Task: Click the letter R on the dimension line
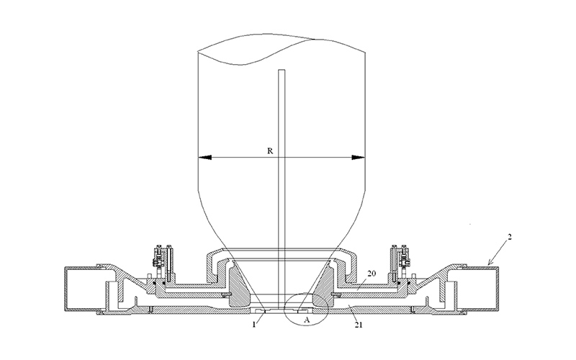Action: click(x=270, y=151)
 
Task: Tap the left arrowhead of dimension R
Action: click(x=205, y=158)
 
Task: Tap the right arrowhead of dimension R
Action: click(x=358, y=158)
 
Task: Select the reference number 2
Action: click(x=510, y=237)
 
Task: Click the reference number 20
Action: click(x=372, y=274)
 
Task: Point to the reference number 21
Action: click(x=359, y=325)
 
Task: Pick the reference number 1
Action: click(x=253, y=325)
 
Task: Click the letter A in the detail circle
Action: click(x=307, y=320)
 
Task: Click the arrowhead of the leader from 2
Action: click(x=490, y=263)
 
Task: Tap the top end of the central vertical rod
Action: click(x=282, y=70)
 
